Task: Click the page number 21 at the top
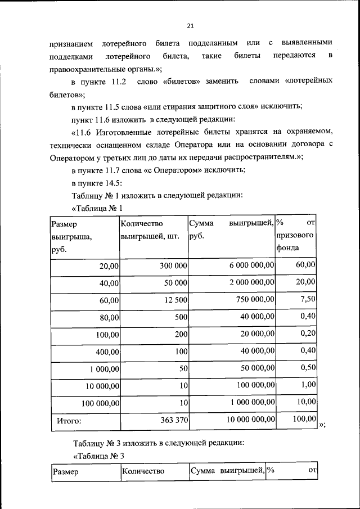coord(190,26)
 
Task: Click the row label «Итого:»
coord(69,420)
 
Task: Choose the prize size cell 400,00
coord(107,352)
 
